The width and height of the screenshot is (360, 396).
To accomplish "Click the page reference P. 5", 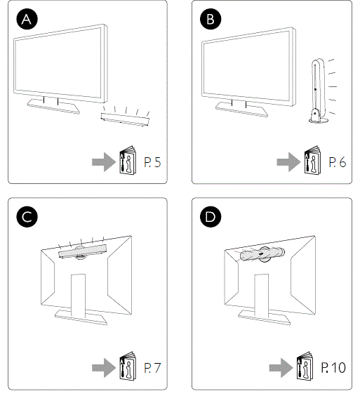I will tap(152, 163).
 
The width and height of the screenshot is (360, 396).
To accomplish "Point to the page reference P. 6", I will tap(337, 163).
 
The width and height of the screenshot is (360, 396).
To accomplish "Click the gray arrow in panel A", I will tap(104, 163).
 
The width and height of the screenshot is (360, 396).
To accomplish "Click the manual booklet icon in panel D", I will tap(308, 365).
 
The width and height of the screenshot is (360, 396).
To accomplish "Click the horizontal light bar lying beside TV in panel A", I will tap(125, 119).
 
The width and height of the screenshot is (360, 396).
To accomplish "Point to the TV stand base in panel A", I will tap(52, 104).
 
